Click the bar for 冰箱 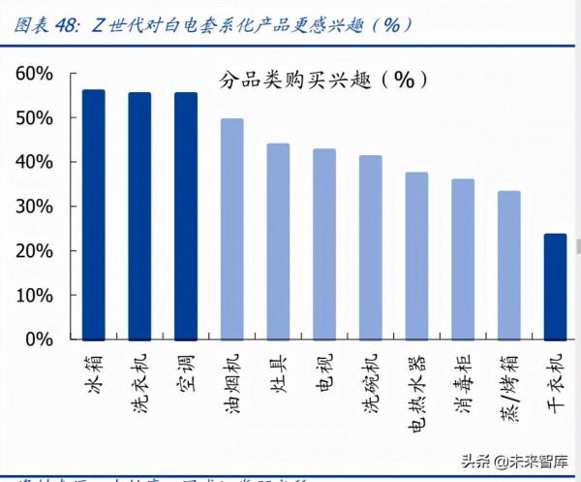coord(94,214)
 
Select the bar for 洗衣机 coord(139,216)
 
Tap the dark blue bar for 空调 coord(186,216)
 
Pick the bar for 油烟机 coord(232,229)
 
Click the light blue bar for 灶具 coord(278,241)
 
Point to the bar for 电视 coord(324,244)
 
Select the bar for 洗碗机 coord(371,247)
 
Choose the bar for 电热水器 coord(416,256)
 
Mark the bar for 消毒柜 coord(463,259)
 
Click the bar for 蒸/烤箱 coord(508,265)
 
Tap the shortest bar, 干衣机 coord(555,286)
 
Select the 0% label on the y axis coord(39,339)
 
